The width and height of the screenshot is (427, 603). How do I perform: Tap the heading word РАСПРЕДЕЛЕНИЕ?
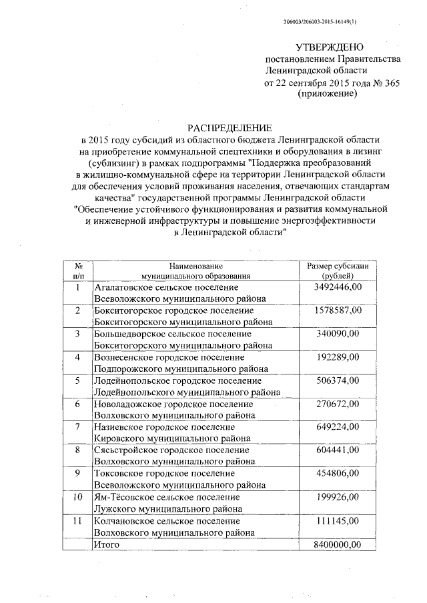[x=230, y=127]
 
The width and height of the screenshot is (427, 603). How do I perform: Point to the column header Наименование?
[x=195, y=266]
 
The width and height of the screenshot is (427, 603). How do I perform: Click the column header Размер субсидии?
[x=337, y=266]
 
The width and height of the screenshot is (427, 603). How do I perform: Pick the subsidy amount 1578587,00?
[x=337, y=310]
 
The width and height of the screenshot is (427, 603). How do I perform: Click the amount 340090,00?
[x=337, y=334]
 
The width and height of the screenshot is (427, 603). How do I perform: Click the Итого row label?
[x=107, y=544]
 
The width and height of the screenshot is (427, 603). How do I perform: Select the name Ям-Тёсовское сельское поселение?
[x=167, y=497]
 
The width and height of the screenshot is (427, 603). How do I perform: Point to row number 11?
[x=77, y=520]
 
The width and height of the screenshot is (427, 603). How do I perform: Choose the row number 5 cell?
[x=77, y=380]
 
